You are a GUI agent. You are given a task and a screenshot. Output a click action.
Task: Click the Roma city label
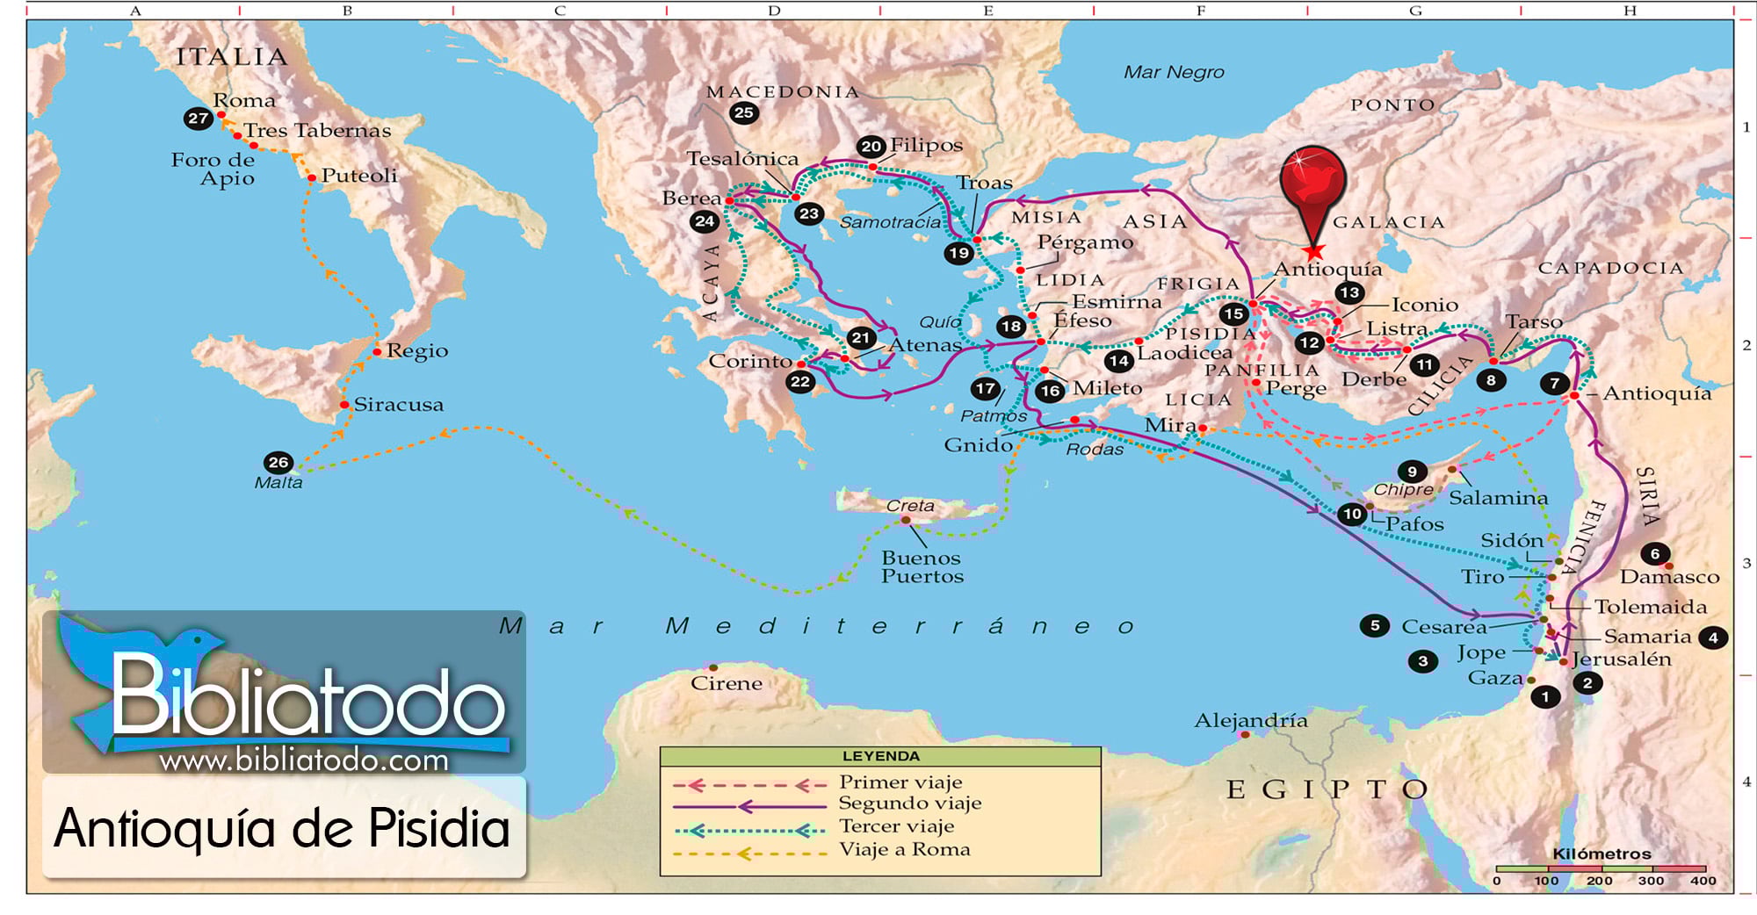pos(244,101)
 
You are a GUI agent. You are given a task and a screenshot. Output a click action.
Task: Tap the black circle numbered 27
pos(199,118)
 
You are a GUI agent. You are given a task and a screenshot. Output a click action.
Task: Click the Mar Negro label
pos(1174,73)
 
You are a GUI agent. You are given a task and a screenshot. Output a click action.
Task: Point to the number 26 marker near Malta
pos(278,462)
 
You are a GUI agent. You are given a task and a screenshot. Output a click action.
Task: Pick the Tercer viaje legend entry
pos(896,826)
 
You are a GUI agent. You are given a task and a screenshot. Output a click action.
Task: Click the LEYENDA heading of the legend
pos(881,756)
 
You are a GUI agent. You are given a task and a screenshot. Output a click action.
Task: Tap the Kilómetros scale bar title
pos(1602,854)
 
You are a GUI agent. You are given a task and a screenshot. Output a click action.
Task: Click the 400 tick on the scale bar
pos(1703,881)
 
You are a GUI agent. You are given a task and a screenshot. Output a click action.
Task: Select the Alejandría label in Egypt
pos(1250,721)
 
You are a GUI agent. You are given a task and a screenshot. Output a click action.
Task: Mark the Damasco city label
pos(1669,577)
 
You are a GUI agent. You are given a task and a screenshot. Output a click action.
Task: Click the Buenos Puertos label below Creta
pos(922,567)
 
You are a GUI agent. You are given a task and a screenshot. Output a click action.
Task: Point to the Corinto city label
pos(750,362)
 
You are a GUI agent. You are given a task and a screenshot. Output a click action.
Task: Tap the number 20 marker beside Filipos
pos(871,147)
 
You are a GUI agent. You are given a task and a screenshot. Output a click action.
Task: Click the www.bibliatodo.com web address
pos(304,760)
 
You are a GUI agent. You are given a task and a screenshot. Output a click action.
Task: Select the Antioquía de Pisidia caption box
pos(283,828)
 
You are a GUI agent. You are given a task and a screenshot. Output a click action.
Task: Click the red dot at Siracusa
pos(344,405)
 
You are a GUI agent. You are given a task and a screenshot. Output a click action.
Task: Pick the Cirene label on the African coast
pos(726,683)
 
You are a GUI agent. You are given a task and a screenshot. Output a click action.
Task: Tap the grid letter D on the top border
pos(774,11)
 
